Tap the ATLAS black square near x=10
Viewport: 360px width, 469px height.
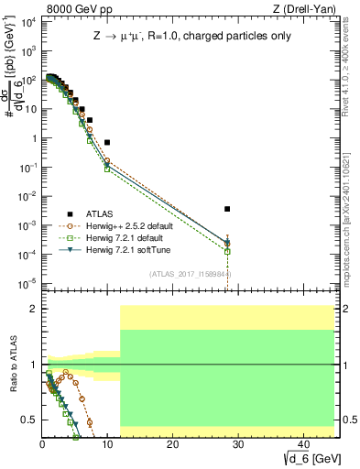point(107,143)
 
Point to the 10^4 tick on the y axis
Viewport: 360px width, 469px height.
point(27,23)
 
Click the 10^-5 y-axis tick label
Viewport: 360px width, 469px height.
point(27,282)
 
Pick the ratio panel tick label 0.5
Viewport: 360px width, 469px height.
point(28,420)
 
